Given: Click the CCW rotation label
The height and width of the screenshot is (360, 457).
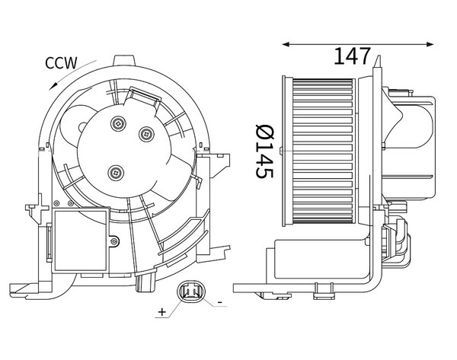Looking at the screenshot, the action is point(61,63).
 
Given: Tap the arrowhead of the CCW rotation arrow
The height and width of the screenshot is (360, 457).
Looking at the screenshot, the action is point(53,86).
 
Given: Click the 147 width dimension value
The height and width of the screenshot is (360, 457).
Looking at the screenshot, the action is point(352,56).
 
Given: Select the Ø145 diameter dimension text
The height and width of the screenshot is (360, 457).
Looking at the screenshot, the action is point(264,151).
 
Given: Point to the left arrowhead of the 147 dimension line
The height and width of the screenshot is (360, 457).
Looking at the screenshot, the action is point(286,44).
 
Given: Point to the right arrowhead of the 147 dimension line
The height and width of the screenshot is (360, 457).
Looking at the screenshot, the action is point(430,44).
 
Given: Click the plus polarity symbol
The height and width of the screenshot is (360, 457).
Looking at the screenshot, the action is point(162,312).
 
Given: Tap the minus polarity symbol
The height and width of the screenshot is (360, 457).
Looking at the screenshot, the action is point(220,303).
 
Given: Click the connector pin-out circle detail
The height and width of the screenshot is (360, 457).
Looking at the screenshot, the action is point(191,292).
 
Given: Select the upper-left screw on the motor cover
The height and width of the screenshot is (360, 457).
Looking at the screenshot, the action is point(118,123).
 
